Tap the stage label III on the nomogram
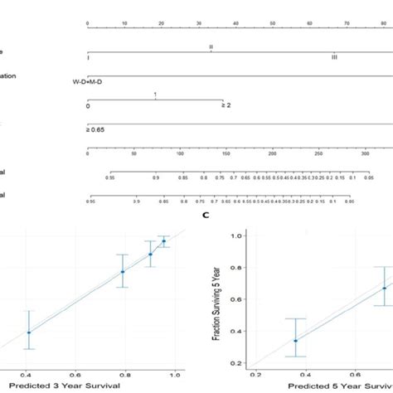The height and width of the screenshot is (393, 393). pyautogui.click(x=334, y=57)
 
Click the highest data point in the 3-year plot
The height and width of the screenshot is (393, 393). pyautogui.click(x=163, y=241)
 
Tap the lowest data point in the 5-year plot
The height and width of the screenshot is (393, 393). pyautogui.click(x=295, y=340)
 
